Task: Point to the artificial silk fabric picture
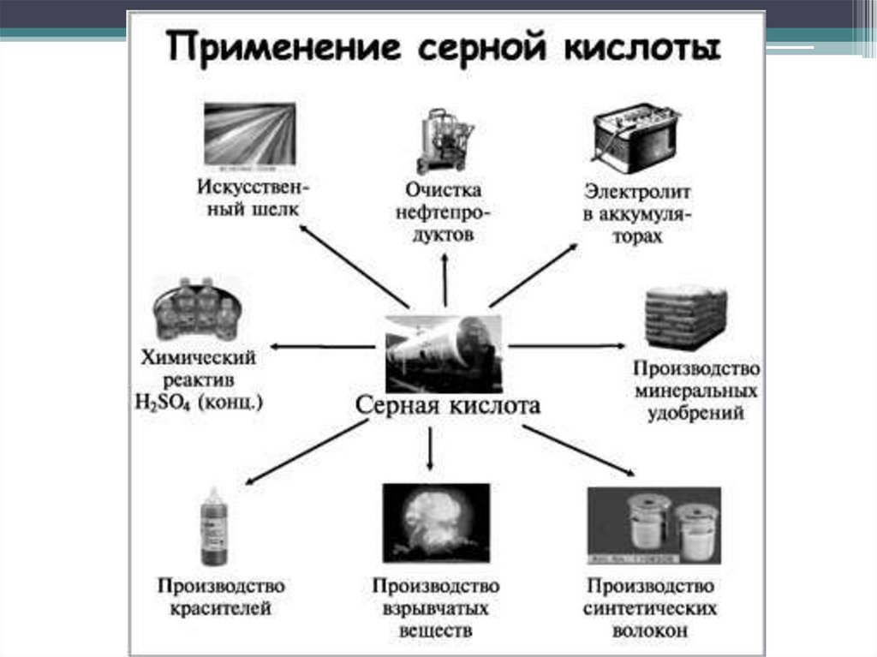[249, 134]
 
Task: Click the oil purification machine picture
[443, 141]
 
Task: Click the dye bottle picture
[213, 526]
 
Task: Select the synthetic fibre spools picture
[654, 525]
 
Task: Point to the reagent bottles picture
[195, 310]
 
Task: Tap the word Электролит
[637, 190]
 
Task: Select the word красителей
[221, 610]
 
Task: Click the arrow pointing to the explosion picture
[429, 447]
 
